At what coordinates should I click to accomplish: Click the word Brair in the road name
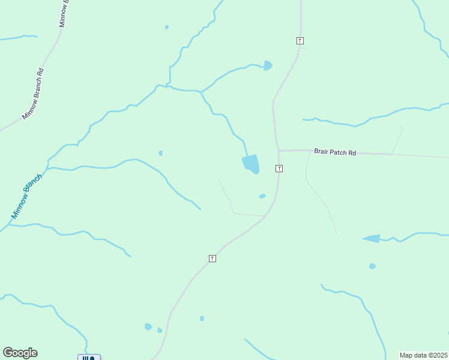coord(322,153)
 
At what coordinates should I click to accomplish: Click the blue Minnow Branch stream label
coord(27,196)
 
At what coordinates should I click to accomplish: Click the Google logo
coord(20,353)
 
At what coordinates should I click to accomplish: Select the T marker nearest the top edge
coord(300,41)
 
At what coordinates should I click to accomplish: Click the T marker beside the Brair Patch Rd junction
coord(279,169)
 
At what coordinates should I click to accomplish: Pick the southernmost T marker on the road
coord(212,258)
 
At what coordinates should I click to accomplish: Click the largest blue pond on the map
coord(251,164)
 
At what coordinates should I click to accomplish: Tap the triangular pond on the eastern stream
coord(372,238)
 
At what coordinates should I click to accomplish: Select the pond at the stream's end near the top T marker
coord(267,65)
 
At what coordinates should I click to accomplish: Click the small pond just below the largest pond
coord(262,196)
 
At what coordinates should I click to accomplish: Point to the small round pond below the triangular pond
coord(372,266)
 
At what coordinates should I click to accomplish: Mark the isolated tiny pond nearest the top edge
coord(167,27)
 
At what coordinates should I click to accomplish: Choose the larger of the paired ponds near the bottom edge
coord(148,327)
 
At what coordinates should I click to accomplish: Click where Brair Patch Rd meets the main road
coord(278,151)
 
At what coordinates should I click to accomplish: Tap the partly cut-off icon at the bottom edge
coord(89,358)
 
